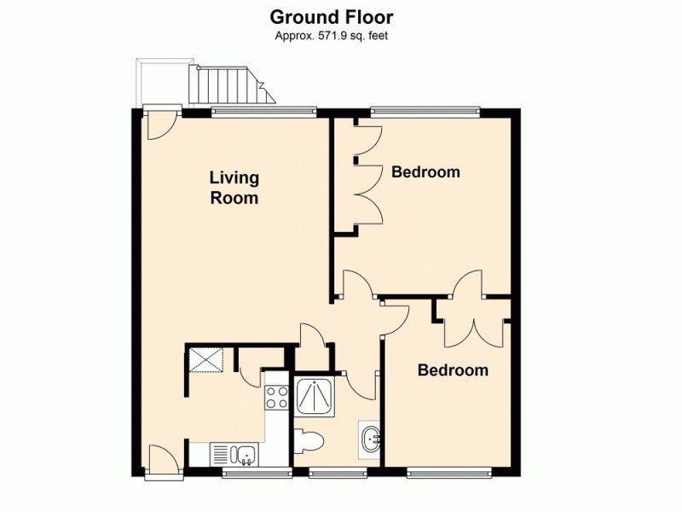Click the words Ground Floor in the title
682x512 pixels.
pyautogui.click(x=332, y=16)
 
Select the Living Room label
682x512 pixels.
pyautogui.click(x=234, y=188)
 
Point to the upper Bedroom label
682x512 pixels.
pyautogui.click(x=425, y=172)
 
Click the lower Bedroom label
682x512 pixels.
pyautogui.click(x=453, y=370)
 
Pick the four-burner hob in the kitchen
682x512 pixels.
pyautogui.click(x=277, y=397)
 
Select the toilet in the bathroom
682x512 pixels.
pyautogui.click(x=308, y=443)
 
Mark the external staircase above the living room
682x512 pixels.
pyautogui.click(x=223, y=84)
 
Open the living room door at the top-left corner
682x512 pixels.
pyautogui.click(x=159, y=125)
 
